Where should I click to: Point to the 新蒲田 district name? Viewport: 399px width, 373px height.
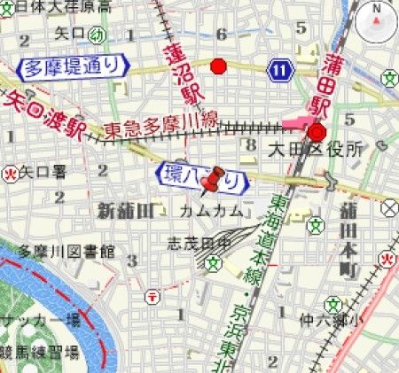[125, 209]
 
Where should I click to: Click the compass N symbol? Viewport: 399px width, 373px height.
[377, 20]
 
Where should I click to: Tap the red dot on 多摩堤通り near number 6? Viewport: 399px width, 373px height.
[218, 66]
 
